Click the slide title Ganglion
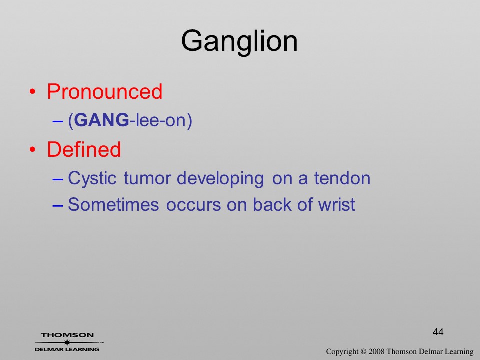[239, 42]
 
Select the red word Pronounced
[104, 91]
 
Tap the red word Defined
[84, 149]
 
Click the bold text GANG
[101, 120]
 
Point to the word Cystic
[92, 179]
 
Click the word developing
[220, 179]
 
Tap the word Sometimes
[113, 204]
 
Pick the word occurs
[193, 205]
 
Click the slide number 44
[438, 332]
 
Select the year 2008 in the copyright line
[377, 351]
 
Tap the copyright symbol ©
[363, 351]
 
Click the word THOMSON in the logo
[67, 335]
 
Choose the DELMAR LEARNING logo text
[67, 349]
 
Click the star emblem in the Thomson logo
[67, 342]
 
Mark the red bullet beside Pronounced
[33, 92]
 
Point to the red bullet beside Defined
[33, 150]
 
